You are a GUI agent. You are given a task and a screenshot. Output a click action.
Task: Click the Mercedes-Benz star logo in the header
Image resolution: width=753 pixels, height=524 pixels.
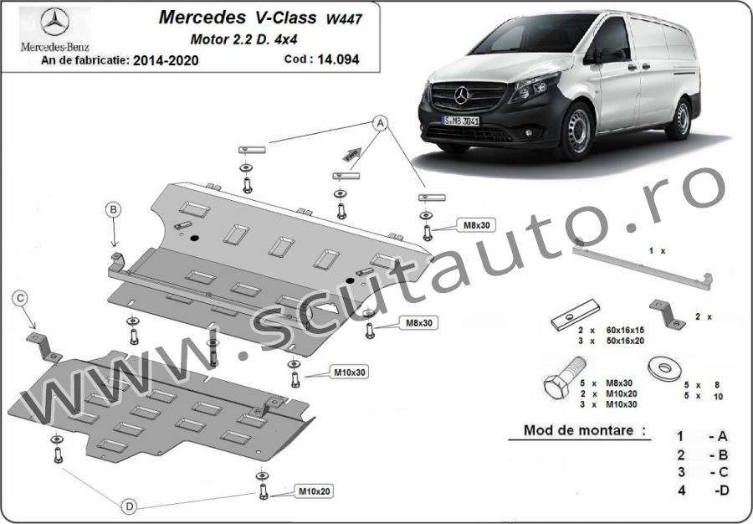pyautogui.click(x=54, y=22)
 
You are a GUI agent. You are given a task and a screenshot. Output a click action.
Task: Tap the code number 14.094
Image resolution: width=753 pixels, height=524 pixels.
pyautogui.click(x=338, y=59)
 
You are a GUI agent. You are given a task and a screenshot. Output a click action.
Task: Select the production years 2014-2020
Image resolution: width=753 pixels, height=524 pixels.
pyautogui.click(x=166, y=60)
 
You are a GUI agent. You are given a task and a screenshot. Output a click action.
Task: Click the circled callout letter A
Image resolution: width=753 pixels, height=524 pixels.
pyautogui.click(x=381, y=123)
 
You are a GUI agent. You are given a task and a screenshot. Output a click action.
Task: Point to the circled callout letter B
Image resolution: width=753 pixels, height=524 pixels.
pyautogui.click(x=113, y=209)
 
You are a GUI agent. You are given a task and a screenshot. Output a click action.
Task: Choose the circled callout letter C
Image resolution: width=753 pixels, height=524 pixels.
pyautogui.click(x=20, y=298)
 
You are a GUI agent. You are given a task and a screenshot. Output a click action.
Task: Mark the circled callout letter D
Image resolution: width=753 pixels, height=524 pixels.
pyautogui.click(x=129, y=506)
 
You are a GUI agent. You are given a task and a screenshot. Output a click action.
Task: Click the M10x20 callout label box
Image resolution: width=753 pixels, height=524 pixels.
pyautogui.click(x=313, y=491)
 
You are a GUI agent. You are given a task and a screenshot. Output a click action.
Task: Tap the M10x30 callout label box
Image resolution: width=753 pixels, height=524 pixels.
pyautogui.click(x=348, y=372)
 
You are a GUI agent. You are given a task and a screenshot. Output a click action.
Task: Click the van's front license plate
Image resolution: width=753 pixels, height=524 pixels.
pyautogui.click(x=460, y=121)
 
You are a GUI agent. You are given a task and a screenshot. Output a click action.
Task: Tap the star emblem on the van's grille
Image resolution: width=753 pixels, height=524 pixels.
pyautogui.click(x=462, y=95)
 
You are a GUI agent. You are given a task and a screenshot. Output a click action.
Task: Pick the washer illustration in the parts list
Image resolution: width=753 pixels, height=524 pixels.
pyautogui.click(x=665, y=368)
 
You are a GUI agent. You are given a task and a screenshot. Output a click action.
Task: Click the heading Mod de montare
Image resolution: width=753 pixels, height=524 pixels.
pyautogui.click(x=578, y=430)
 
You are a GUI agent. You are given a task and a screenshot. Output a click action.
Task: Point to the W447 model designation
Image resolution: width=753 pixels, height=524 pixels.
pyautogui.click(x=345, y=20)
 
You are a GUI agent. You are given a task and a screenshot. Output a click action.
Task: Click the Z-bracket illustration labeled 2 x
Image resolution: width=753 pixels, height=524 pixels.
pyautogui.click(x=668, y=314)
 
